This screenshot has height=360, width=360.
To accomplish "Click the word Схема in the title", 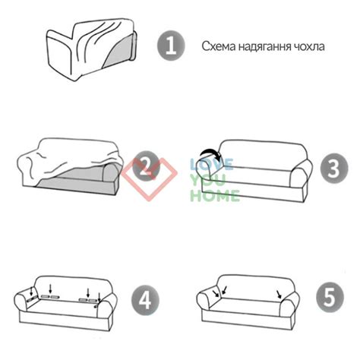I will point(217,46).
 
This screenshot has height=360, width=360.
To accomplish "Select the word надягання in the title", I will point(264,46).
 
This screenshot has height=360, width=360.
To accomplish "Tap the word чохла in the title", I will point(311,46).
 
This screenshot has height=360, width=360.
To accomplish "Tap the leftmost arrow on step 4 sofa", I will point(30,291).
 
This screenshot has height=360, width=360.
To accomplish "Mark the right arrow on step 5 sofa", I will point(281,292).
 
